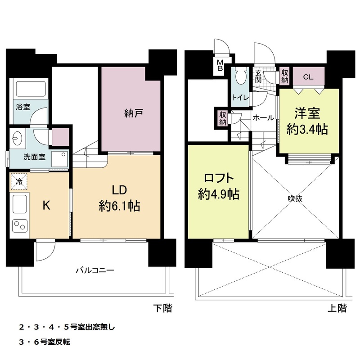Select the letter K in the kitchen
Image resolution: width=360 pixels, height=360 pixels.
coord(46,205)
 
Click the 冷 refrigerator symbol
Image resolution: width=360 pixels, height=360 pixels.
coord(19,182)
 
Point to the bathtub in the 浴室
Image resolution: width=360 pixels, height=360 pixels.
coord(30,90)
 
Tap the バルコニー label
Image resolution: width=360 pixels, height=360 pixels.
coord(94,271)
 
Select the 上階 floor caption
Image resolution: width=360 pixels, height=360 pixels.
coord(337,308)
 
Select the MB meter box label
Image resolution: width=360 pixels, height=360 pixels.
coord(220,66)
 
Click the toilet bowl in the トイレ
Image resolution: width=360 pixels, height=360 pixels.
coord(240,75)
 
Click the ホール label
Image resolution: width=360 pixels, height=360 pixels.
coord(263,118)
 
